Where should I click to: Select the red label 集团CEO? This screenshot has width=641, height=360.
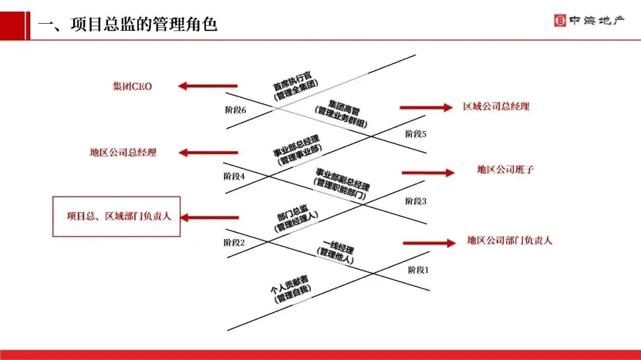tap(132, 87)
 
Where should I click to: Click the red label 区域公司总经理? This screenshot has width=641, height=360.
tap(496, 107)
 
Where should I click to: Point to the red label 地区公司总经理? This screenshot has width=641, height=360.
tap(123, 152)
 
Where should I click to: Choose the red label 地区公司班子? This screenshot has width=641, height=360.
tap(506, 170)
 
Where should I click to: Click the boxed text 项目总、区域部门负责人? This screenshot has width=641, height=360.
tap(117, 216)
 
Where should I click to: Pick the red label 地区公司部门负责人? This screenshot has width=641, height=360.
tap(510, 241)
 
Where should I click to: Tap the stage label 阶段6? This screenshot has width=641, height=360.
tap(236, 110)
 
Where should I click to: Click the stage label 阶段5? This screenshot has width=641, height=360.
tap(416, 134)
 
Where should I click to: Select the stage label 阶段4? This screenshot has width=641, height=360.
tap(234, 176)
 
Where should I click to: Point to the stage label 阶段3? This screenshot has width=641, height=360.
tap(416, 201)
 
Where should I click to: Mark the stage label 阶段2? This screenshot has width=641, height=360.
tap(234, 242)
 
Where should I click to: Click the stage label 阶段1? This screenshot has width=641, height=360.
tap(418, 270)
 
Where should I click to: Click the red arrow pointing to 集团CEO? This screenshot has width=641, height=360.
tap(207, 87)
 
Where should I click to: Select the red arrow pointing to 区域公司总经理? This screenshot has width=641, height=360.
tap(426, 107)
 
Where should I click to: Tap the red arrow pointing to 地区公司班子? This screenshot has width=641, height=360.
tap(428, 173)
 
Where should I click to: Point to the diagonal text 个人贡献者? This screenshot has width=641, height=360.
tap(289, 284)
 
